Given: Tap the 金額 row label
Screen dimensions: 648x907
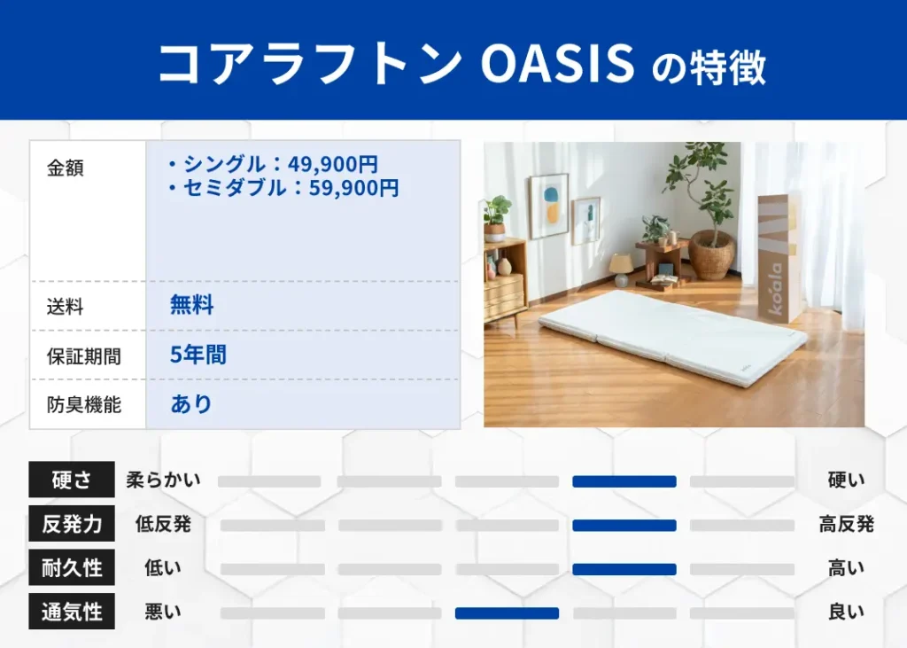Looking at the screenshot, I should pos(66,168).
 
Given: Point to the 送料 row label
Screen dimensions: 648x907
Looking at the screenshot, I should pos(66,307).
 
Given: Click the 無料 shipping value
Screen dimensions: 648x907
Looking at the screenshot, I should pos(192,307).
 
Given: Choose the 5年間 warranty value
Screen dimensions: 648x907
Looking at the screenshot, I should pos(198,355).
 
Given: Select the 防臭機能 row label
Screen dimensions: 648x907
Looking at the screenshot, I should pos(84,405).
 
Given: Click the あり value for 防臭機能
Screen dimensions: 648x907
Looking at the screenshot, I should pos(191,405).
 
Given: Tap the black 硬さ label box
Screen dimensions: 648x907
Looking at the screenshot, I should pos(72,480).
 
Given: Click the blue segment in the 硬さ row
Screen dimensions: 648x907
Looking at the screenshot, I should pos(624,481).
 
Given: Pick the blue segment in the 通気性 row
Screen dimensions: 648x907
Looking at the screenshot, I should pos(507,613).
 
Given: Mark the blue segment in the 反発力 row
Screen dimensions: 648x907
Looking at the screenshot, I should pos(624,525).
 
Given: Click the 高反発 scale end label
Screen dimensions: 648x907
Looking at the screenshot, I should pos(846,524).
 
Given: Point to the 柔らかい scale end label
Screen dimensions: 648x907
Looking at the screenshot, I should pos(163,480).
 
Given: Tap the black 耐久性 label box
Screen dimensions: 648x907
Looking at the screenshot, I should pos(72,568).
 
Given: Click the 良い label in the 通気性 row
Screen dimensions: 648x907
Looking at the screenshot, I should pos(846,612).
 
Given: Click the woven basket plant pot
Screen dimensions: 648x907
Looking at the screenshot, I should pos(712,254).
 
